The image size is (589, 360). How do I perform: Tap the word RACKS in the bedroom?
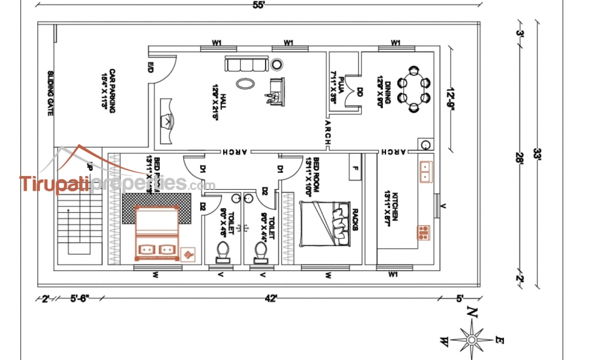pos(355,219)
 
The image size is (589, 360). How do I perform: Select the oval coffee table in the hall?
pos(246,83)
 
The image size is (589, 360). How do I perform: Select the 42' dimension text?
pos(271,298)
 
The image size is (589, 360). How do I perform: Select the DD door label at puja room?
pos(359,92)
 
